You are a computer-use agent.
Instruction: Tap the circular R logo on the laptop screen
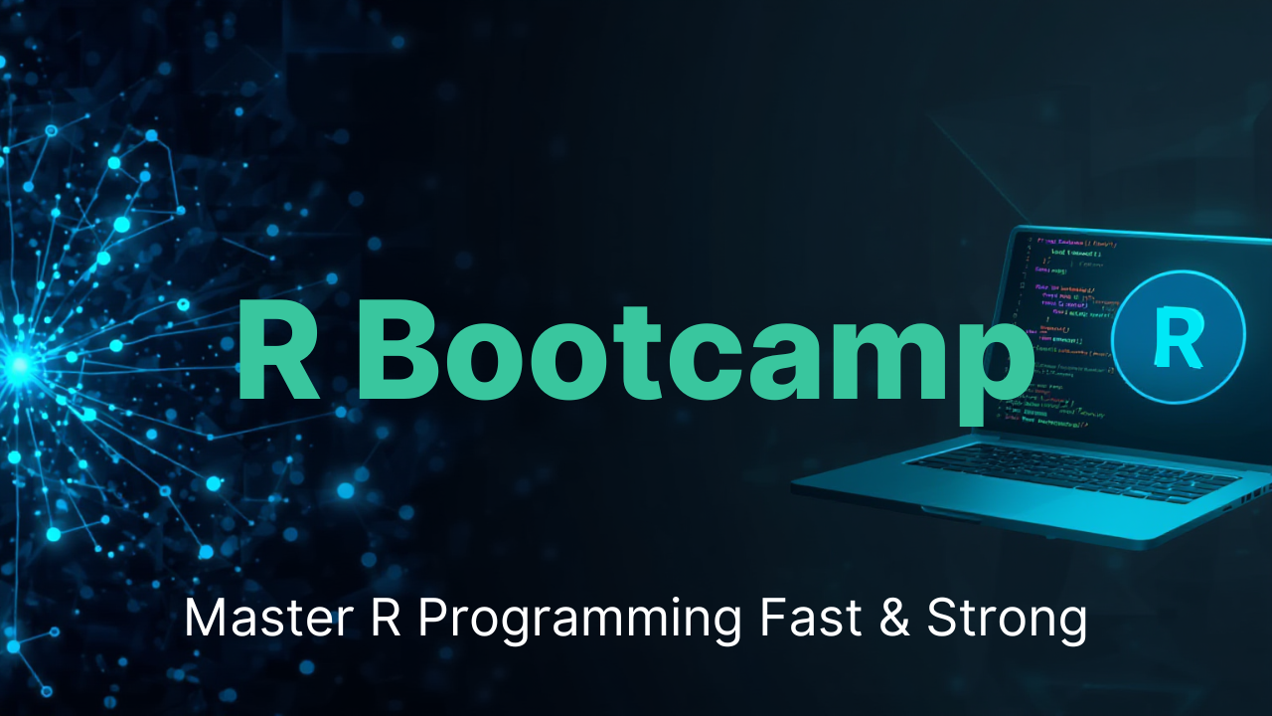[1178, 339]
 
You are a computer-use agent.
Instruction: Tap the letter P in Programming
[432, 619]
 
